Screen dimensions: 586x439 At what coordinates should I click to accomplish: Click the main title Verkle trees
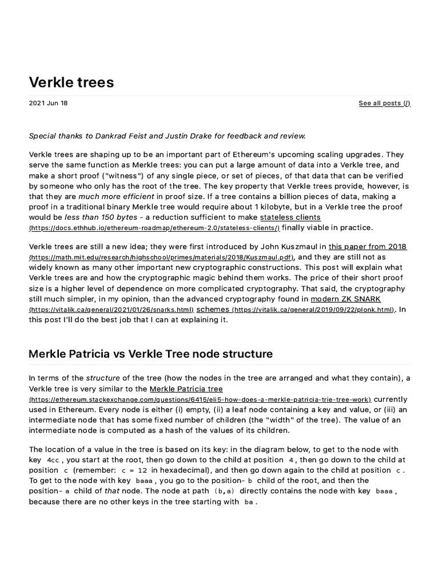71,82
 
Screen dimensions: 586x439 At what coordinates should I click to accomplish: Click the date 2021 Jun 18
48,104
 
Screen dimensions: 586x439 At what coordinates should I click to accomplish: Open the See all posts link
384,104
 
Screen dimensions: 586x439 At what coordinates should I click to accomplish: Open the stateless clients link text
290,217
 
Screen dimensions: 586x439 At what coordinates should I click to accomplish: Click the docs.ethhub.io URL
154,228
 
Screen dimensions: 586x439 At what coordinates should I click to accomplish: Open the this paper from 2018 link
368,247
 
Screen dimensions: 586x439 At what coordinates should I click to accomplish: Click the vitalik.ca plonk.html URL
313,310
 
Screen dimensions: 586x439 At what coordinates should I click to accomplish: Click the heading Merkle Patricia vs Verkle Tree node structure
150,354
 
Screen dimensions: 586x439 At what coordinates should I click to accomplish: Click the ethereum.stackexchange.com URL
200,399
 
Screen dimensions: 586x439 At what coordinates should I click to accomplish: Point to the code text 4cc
53,460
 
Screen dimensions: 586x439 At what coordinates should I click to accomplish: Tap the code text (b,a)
225,491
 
